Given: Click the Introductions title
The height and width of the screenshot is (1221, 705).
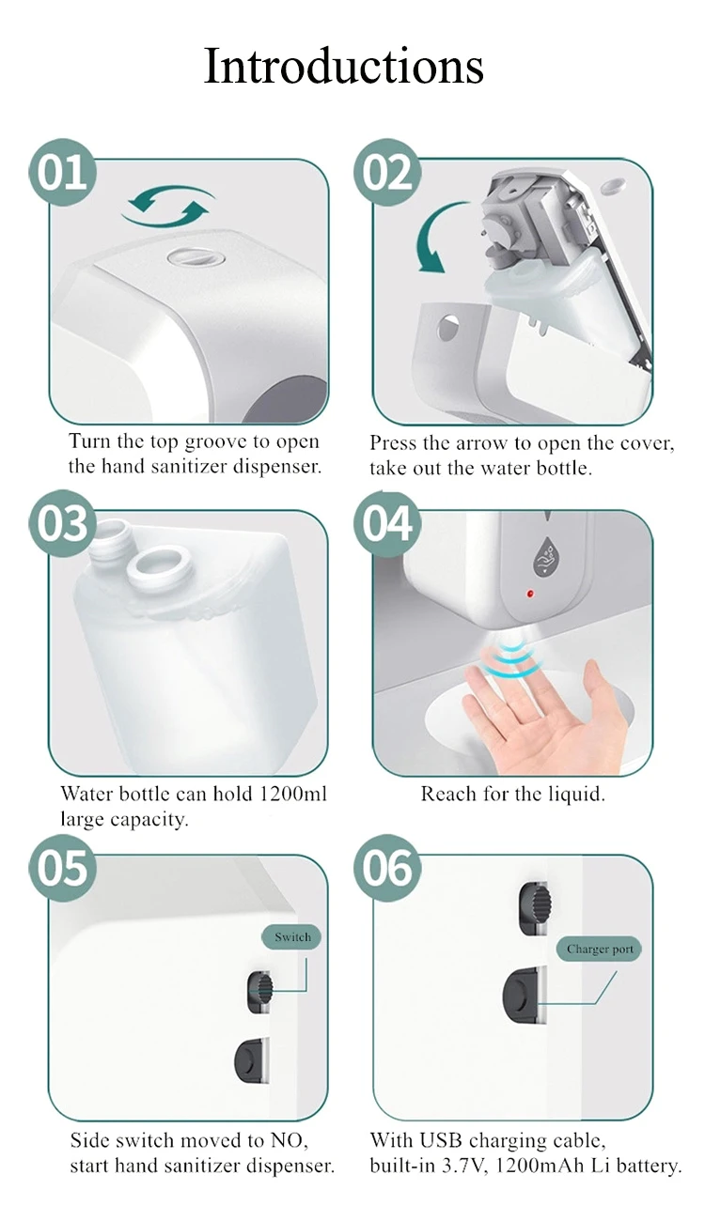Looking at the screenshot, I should pos(344,66).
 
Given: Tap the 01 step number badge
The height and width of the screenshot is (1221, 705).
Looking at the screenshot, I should pos(63,173).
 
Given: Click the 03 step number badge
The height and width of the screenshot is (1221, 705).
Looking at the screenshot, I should pos(63,523).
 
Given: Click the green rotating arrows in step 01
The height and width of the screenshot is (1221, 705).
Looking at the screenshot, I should pos(170,206).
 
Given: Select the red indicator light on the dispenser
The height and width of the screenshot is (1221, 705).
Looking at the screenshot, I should pos(530,595).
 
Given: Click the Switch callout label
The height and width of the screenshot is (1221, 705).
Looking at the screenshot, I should pos(291,937).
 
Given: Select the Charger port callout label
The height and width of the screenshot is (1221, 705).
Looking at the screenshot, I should pos(600,950).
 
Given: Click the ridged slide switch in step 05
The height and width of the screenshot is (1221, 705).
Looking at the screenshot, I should pos(261,992).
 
